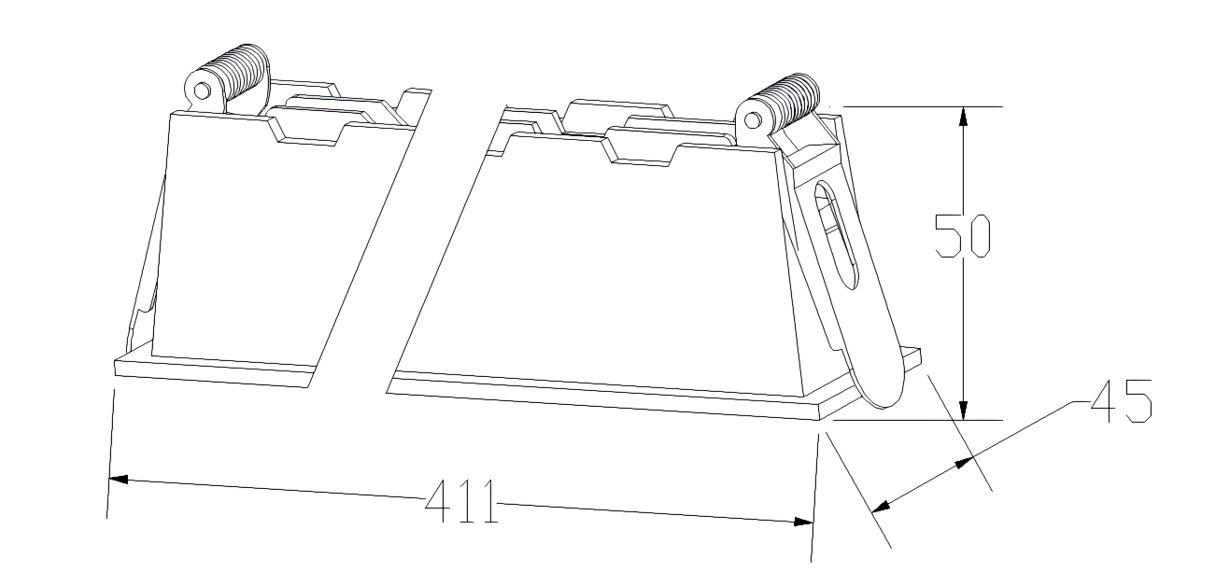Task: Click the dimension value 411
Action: pyautogui.click(x=460, y=501)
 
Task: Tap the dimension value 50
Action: pyautogui.click(x=963, y=236)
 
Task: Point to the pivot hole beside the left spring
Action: pyautogui.click(x=202, y=91)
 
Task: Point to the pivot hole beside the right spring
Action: pyautogui.click(x=753, y=120)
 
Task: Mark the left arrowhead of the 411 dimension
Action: pyautogui.click(x=118, y=480)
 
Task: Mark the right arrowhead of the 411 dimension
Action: pyautogui.click(x=803, y=522)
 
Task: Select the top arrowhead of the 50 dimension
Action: pyautogui.click(x=963, y=117)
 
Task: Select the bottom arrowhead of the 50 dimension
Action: pyautogui.click(x=963, y=411)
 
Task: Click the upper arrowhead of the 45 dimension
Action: pyautogui.click(x=965, y=463)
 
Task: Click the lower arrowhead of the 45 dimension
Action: pyautogui.click(x=881, y=507)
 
